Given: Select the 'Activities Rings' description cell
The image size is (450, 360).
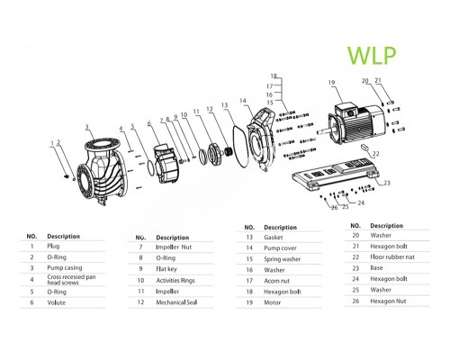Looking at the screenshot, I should point(176,280).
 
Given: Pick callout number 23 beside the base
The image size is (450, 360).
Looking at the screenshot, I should point(388,183).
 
